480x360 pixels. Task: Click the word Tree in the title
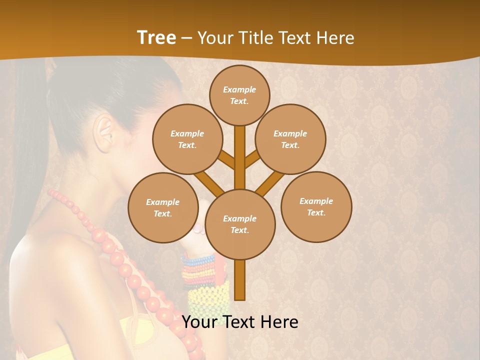coord(156,38)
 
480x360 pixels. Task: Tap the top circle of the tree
coord(239,95)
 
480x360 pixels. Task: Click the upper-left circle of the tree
coord(187,139)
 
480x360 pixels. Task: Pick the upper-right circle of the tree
coord(290,139)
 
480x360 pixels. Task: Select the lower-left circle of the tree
coord(163,207)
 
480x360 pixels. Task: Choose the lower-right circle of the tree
coord(316,206)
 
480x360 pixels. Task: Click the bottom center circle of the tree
coord(240,224)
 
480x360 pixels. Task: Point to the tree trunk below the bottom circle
coord(240,280)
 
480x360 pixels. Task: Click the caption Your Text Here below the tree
coord(240,322)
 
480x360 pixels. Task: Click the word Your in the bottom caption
coord(199,322)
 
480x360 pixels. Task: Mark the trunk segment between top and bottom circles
coord(240,155)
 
